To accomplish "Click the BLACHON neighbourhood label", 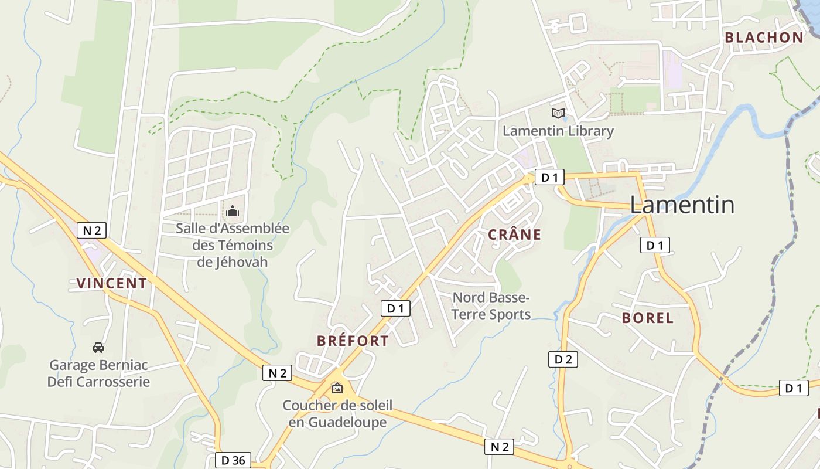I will (764, 38).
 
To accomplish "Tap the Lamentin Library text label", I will (558, 131).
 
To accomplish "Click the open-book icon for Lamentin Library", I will (558, 113).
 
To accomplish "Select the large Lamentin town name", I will (682, 205).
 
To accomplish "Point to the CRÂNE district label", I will (514, 235).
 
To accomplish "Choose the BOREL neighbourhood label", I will (647, 318).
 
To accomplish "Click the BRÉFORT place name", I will (353, 341).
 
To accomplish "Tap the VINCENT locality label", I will (111, 283).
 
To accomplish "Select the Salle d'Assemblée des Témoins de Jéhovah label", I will (233, 244).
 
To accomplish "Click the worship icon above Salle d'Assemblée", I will (233, 210).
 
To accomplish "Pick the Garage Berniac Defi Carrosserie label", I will (98, 373).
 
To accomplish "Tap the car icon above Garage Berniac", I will (98, 348).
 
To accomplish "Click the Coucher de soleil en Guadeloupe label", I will (337, 413).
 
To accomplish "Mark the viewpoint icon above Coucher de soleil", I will (337, 388).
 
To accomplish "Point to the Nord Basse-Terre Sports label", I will (491, 306).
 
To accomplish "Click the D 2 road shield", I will (563, 359).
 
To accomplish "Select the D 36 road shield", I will (233, 460).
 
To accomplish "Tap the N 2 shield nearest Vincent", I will (91, 230).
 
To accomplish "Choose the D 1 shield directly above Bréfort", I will (395, 308).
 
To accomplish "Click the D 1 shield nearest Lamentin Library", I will (549, 177).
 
